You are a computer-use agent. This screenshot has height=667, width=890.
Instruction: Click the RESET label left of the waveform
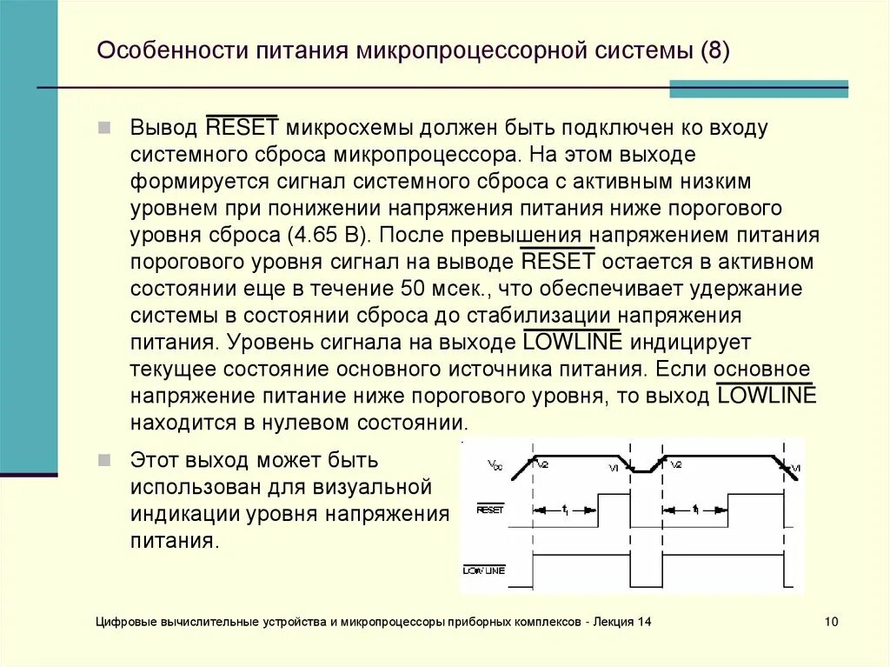click(x=490, y=510)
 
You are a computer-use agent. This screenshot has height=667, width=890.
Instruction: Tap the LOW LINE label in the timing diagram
click(x=485, y=570)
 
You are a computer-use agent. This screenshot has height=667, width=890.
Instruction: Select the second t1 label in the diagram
click(x=696, y=510)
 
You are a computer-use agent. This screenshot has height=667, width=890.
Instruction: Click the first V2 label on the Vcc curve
click(x=543, y=464)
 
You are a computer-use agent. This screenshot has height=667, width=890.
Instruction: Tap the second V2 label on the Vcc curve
click(x=675, y=464)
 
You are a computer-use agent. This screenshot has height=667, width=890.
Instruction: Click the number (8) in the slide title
click(x=714, y=50)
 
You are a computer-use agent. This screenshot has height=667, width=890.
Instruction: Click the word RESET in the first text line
click(x=242, y=128)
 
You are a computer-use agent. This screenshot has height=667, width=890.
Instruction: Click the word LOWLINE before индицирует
click(x=573, y=343)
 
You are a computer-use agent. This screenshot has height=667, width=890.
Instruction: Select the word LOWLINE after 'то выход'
click(x=767, y=397)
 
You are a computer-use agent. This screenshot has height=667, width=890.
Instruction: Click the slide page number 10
click(x=831, y=622)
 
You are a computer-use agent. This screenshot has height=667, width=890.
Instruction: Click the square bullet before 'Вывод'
click(x=104, y=128)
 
